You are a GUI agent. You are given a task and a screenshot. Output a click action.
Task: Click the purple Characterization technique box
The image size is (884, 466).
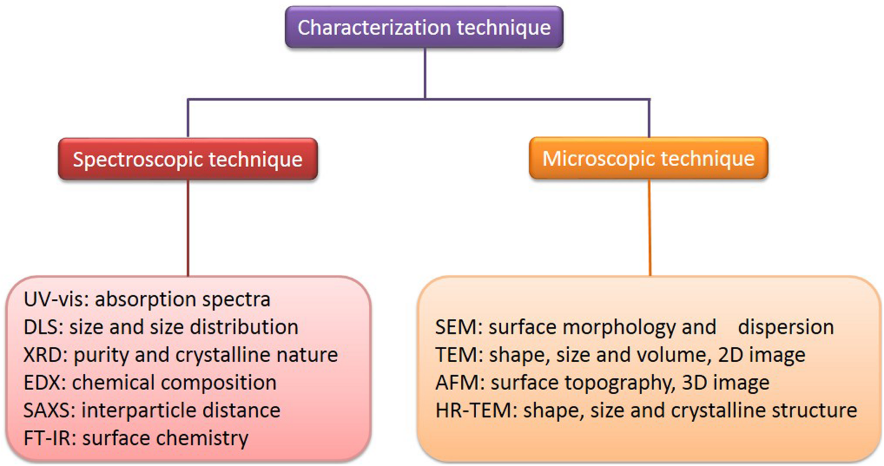click(x=424, y=27)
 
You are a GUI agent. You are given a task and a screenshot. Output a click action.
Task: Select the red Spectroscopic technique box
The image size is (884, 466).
click(x=188, y=159)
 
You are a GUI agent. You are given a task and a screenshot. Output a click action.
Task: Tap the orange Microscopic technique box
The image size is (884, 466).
click(x=649, y=158)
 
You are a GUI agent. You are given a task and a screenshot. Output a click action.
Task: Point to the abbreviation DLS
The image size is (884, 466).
click(x=43, y=327)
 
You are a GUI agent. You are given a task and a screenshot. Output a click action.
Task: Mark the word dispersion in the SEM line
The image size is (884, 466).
click(x=786, y=327)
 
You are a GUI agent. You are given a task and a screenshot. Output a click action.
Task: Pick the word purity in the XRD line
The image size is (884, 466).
click(x=101, y=355)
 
